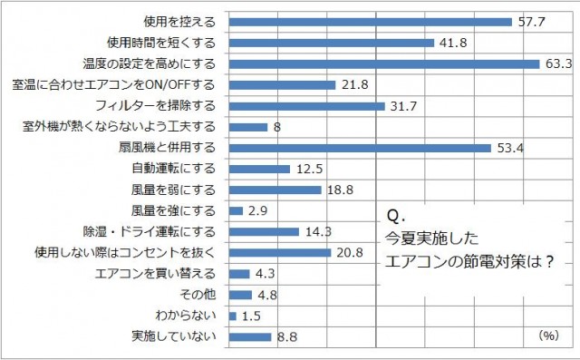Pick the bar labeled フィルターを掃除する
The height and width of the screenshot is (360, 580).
click(307, 105)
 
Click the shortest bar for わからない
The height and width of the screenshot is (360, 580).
click(233, 316)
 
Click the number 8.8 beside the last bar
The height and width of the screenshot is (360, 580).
click(286, 336)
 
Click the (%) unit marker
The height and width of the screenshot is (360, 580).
click(548, 335)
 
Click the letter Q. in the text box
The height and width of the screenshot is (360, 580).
click(393, 219)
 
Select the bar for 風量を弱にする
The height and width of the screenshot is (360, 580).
click(275, 190)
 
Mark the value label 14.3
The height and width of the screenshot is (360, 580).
click(318, 231)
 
